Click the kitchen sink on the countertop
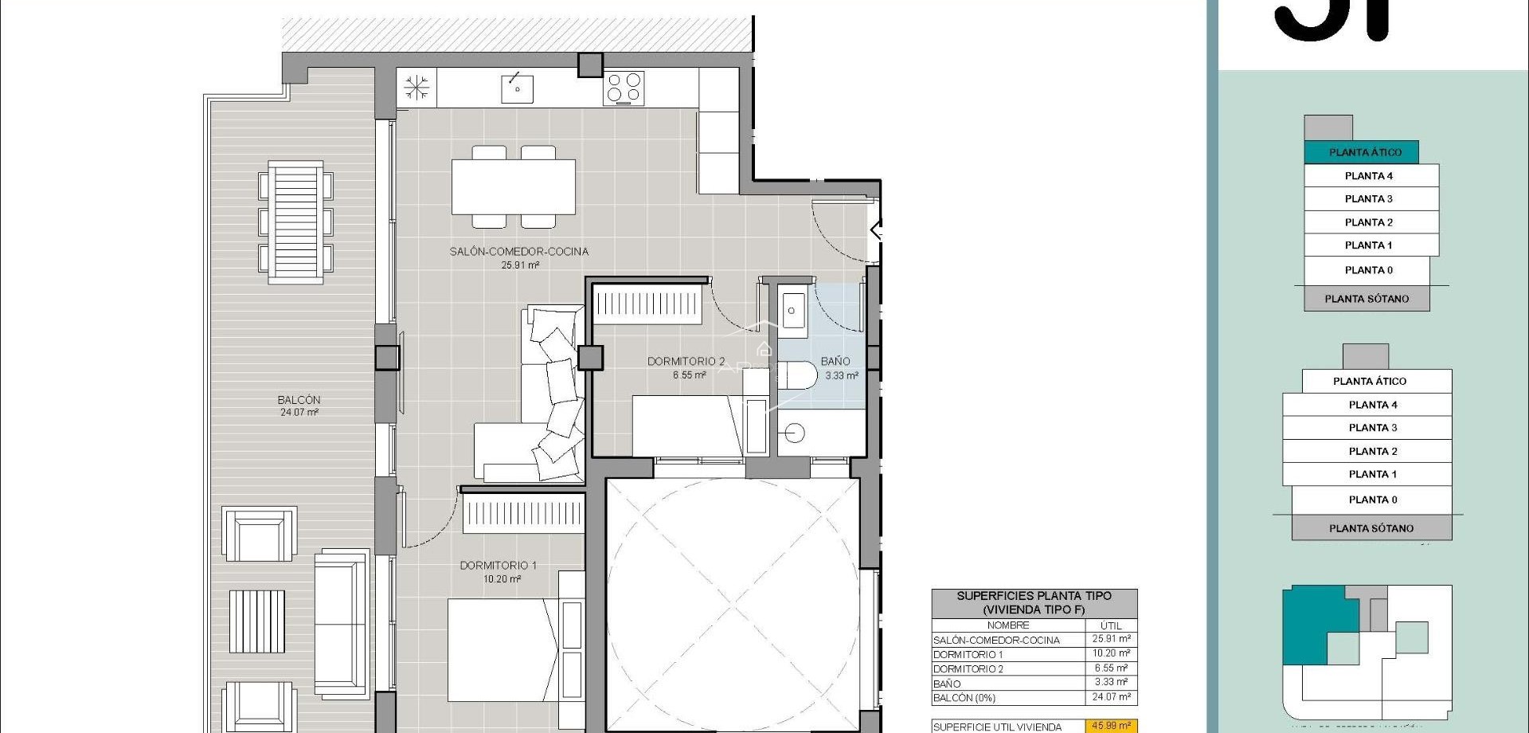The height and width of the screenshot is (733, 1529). click(517, 88)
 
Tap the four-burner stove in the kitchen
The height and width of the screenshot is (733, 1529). click(624, 88)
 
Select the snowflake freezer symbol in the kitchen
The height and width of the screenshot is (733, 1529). click(416, 87)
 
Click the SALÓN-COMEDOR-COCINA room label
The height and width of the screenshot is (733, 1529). click(518, 251)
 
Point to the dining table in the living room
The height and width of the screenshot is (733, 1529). click(514, 187)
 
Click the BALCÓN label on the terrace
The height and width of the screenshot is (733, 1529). click(299, 400)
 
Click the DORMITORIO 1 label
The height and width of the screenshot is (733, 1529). click(498, 566)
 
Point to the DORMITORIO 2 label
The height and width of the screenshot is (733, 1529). click(686, 362)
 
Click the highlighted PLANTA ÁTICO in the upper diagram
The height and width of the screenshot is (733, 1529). click(1364, 152)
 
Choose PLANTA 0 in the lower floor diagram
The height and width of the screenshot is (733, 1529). click(1372, 500)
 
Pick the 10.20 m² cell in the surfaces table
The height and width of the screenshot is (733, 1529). click(1110, 653)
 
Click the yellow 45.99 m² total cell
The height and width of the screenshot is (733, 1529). click(1110, 726)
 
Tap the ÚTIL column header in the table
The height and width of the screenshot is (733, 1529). click(1110, 625)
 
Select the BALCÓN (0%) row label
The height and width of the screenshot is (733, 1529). click(964, 698)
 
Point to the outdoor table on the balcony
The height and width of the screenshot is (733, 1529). click(295, 222)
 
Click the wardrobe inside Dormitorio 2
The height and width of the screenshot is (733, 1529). click(647, 304)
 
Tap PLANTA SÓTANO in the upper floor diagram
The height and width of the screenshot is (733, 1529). click(1366, 299)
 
